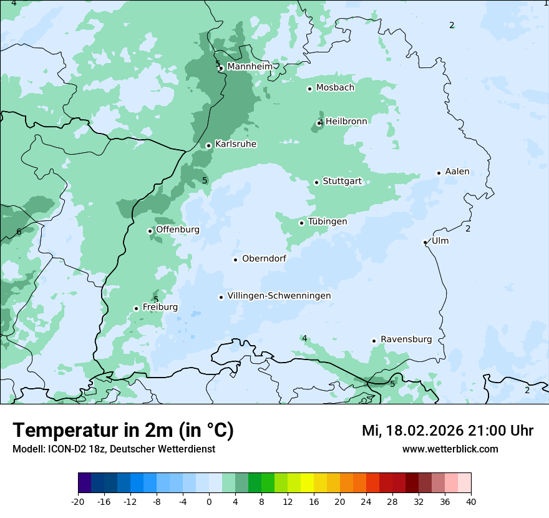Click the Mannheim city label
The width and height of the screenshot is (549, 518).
pos(250,66)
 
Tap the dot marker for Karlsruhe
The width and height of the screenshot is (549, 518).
pos(208,145)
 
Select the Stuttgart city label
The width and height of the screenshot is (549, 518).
pos(342,181)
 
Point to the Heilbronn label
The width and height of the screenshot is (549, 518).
pos(346,121)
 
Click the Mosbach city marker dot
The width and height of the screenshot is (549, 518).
pos(309,89)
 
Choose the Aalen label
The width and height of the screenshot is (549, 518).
pos(457,172)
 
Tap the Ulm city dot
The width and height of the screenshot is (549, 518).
pos(425,242)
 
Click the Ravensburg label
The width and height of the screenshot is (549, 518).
pos(406,340)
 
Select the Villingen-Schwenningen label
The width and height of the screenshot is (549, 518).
pos(279,296)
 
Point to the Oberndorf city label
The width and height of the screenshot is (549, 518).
pos(264,258)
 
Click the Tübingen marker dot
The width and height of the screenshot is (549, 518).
pos(301,223)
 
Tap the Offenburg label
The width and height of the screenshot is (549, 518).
pos(178,230)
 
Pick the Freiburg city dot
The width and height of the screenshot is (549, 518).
pos(136,308)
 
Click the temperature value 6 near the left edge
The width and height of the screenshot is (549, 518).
pos(19,232)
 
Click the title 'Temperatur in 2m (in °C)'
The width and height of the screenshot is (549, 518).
pos(124,430)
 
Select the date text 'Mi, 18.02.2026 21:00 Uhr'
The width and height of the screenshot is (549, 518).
pos(447,431)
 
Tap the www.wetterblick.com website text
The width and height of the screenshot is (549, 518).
pos(450,449)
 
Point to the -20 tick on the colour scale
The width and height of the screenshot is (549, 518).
pos(78,501)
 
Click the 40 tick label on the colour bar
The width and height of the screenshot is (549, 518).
pos(470,501)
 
